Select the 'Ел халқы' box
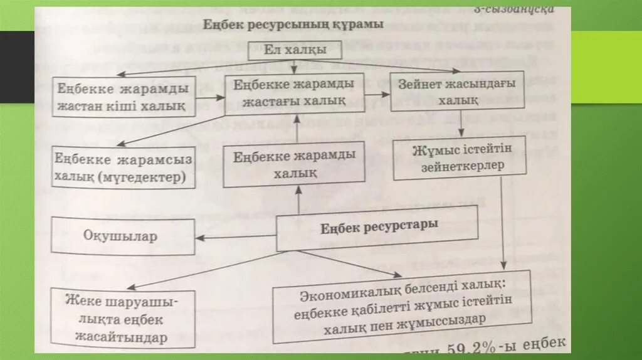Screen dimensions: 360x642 pyautogui.click(x=295, y=50)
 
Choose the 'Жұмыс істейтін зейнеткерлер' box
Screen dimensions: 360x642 pyautogui.click(x=459, y=159)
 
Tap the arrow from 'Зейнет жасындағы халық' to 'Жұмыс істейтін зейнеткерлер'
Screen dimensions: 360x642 pyautogui.click(x=461, y=125)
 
